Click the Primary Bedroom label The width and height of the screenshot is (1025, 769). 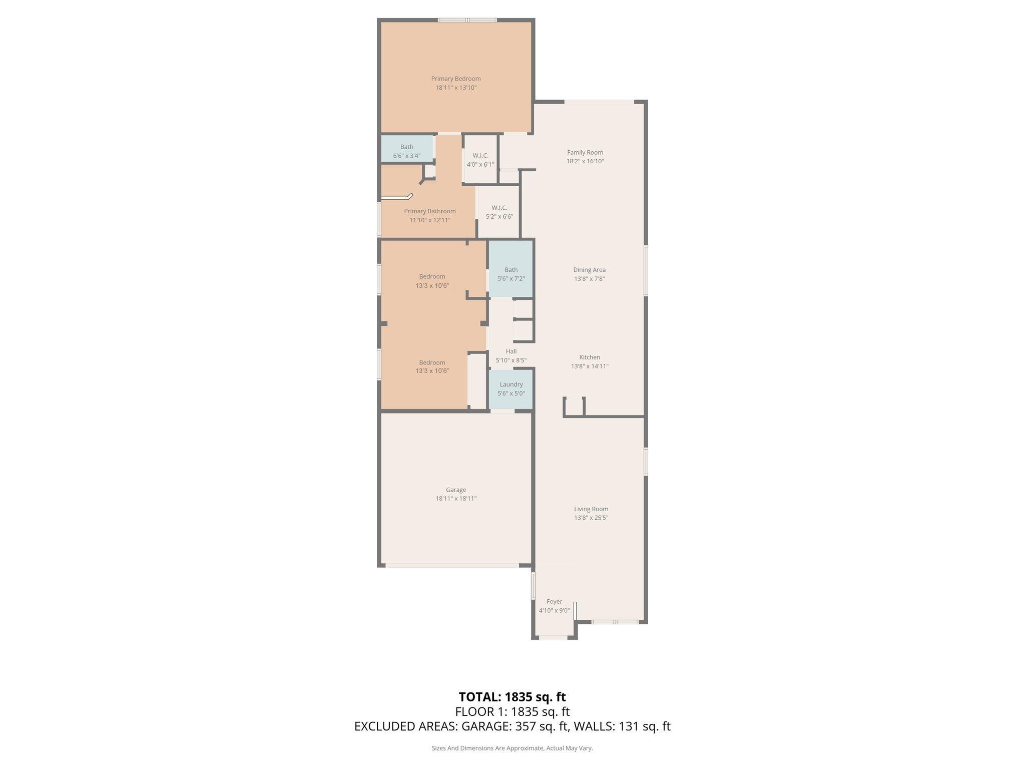(x=455, y=79)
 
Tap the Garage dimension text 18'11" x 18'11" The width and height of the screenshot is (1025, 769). (x=455, y=499)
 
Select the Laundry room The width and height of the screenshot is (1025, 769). (x=510, y=389)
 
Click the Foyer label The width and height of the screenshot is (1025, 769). (x=554, y=602)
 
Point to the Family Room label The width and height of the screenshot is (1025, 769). (x=585, y=153)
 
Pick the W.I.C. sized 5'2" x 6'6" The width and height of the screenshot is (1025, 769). (x=499, y=212)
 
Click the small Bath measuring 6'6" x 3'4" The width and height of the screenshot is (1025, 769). (x=406, y=151)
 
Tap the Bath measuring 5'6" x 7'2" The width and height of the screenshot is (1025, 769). (x=510, y=274)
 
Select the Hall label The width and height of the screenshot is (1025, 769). (x=510, y=351)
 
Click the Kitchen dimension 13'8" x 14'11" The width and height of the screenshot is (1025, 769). (x=590, y=366)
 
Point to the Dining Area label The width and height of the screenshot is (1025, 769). (x=589, y=270)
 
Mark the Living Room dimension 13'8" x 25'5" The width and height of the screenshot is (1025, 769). (x=591, y=518)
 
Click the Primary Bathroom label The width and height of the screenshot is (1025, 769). (x=429, y=211)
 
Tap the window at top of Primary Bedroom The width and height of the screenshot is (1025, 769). (x=467, y=21)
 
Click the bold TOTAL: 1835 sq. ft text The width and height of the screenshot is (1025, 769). (x=512, y=697)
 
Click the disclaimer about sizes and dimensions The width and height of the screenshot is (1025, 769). (x=512, y=748)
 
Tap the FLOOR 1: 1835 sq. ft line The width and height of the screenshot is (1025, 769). (x=512, y=712)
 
